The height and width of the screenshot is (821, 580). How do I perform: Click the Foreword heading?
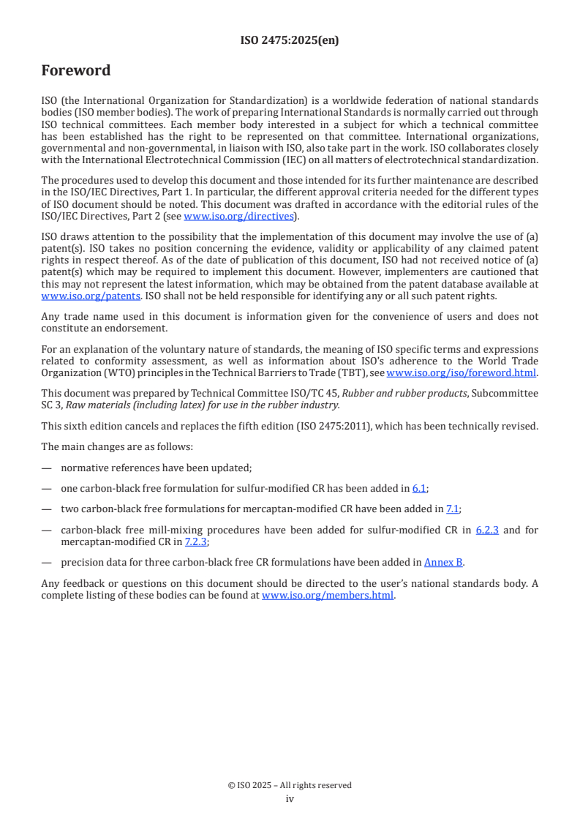(x=76, y=71)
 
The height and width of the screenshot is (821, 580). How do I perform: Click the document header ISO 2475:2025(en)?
(x=290, y=41)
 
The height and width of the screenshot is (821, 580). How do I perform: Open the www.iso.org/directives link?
(x=238, y=216)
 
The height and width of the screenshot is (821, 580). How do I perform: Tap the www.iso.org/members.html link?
(x=328, y=596)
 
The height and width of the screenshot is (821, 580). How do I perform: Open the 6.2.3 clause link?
(x=487, y=530)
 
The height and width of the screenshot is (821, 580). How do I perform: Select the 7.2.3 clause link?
(x=196, y=541)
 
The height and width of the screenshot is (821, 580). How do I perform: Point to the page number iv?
(x=290, y=799)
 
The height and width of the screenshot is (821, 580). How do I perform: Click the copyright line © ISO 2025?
(x=290, y=785)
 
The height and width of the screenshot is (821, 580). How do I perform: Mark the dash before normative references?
(x=46, y=468)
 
